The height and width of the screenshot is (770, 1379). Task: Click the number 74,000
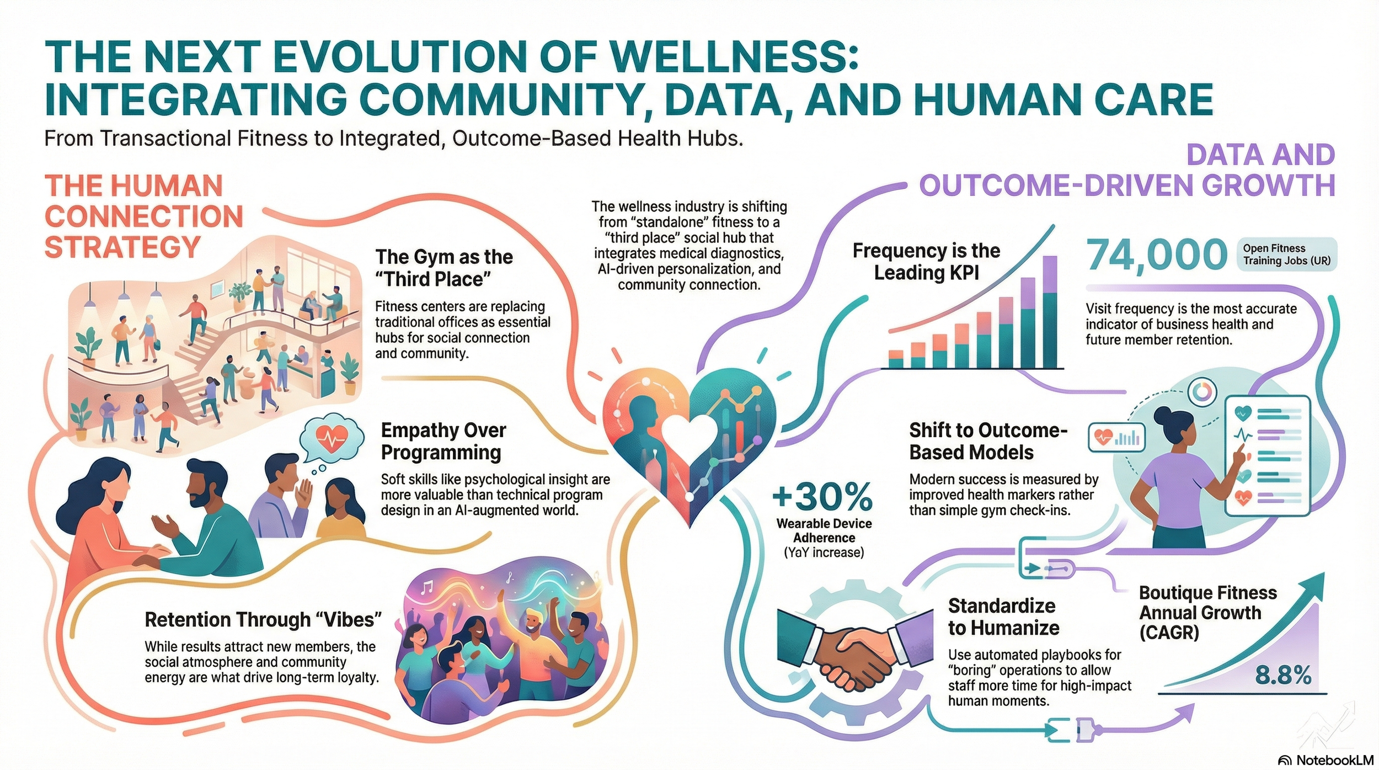(1156, 255)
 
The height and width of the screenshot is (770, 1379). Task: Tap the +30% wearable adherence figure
(823, 496)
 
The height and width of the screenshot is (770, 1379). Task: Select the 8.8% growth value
(1283, 675)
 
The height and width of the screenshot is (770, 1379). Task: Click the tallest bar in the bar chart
(1050, 312)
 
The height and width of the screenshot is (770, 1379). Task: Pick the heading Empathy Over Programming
(443, 441)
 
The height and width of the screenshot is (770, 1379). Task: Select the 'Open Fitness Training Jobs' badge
(1286, 254)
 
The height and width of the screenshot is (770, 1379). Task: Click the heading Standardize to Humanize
(1003, 617)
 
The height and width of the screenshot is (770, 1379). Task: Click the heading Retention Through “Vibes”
(263, 619)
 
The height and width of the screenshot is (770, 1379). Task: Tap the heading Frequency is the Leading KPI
(926, 262)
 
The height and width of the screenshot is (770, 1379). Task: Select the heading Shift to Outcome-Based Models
(988, 441)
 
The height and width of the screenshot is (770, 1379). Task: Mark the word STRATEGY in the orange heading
(122, 247)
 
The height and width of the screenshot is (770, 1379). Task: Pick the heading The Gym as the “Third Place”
(443, 268)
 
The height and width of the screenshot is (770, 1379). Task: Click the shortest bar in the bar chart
(896, 359)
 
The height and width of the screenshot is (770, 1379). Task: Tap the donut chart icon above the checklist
(1202, 392)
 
